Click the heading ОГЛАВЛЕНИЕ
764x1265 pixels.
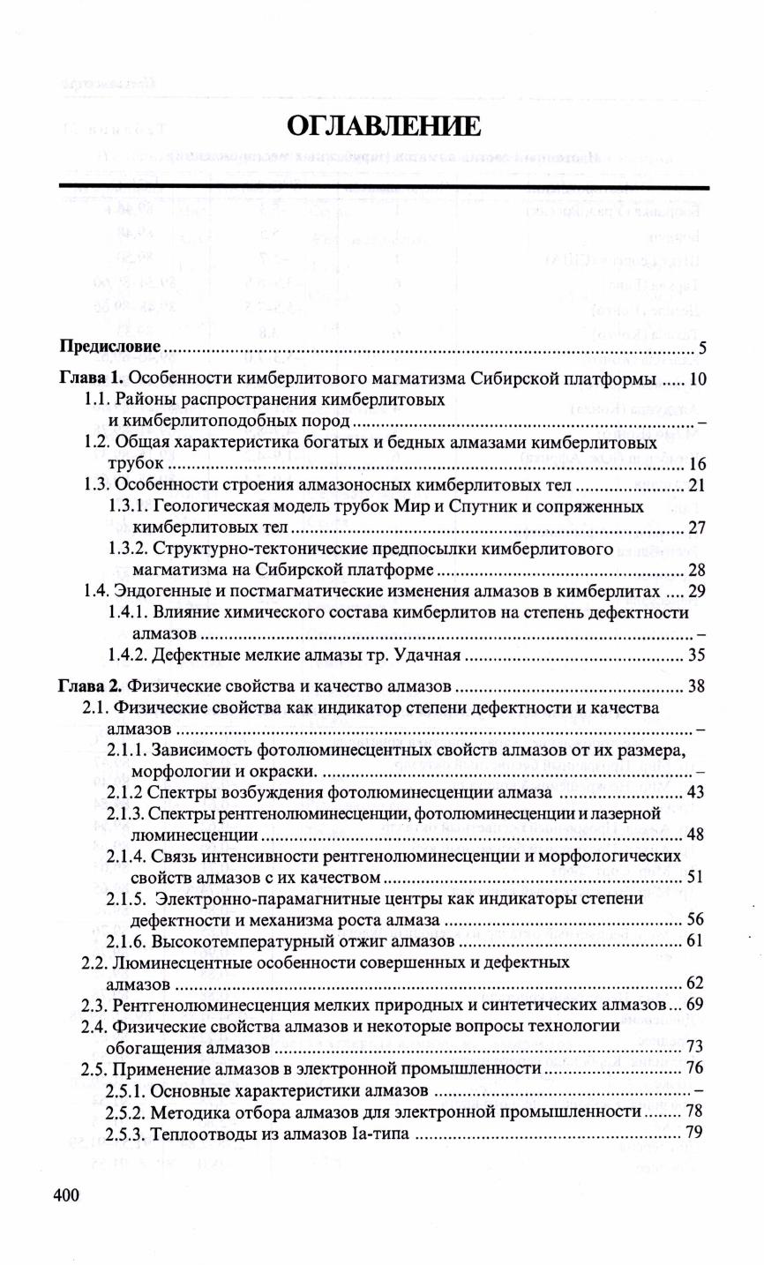pyautogui.click(x=384, y=126)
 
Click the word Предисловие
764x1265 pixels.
pyautogui.click(x=109, y=346)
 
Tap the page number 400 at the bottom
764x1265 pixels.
pyautogui.click(x=66, y=1195)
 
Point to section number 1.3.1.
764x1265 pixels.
pyautogui.click(x=129, y=507)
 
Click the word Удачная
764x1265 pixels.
pyautogui.click(x=431, y=655)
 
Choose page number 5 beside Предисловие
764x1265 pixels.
pyautogui.click(x=700, y=347)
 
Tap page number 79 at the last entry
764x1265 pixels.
pyautogui.click(x=694, y=1133)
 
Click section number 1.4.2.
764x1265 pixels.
pyautogui.click(x=129, y=655)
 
